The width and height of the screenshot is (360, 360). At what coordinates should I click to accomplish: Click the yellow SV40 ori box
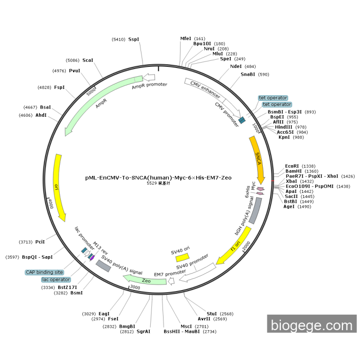(182, 256)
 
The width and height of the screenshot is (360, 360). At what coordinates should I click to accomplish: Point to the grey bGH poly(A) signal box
(255, 210)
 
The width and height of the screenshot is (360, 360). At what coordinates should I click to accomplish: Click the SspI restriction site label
(134, 39)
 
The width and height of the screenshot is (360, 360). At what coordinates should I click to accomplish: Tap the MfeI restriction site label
(186, 38)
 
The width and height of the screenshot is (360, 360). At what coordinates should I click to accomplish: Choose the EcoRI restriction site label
(292, 166)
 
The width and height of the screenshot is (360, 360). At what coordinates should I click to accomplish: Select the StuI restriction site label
(211, 313)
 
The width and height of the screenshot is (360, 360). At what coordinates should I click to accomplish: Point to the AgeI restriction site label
(290, 206)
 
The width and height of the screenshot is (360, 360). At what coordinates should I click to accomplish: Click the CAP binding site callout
(44, 272)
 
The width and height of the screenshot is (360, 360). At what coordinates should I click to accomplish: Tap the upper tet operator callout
(273, 98)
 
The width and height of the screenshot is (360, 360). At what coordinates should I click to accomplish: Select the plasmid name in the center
(158, 177)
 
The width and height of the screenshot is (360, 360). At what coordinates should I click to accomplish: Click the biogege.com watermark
(312, 325)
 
